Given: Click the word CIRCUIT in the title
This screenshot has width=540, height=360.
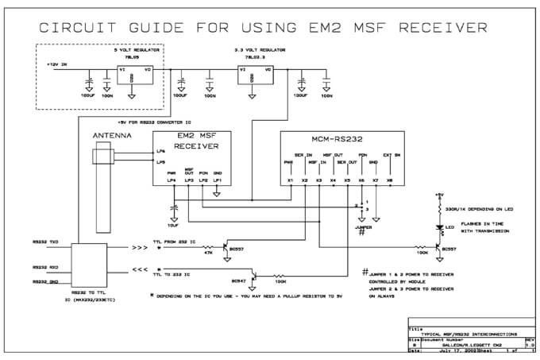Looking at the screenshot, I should coord(82,28).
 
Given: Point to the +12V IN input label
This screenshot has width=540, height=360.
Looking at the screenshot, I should coord(57,64).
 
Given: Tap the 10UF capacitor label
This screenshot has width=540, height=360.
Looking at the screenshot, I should coord(172,224).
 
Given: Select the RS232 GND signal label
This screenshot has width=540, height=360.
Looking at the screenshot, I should coord(46,281).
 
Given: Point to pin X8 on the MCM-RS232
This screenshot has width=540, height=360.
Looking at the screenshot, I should coord(389,180).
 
